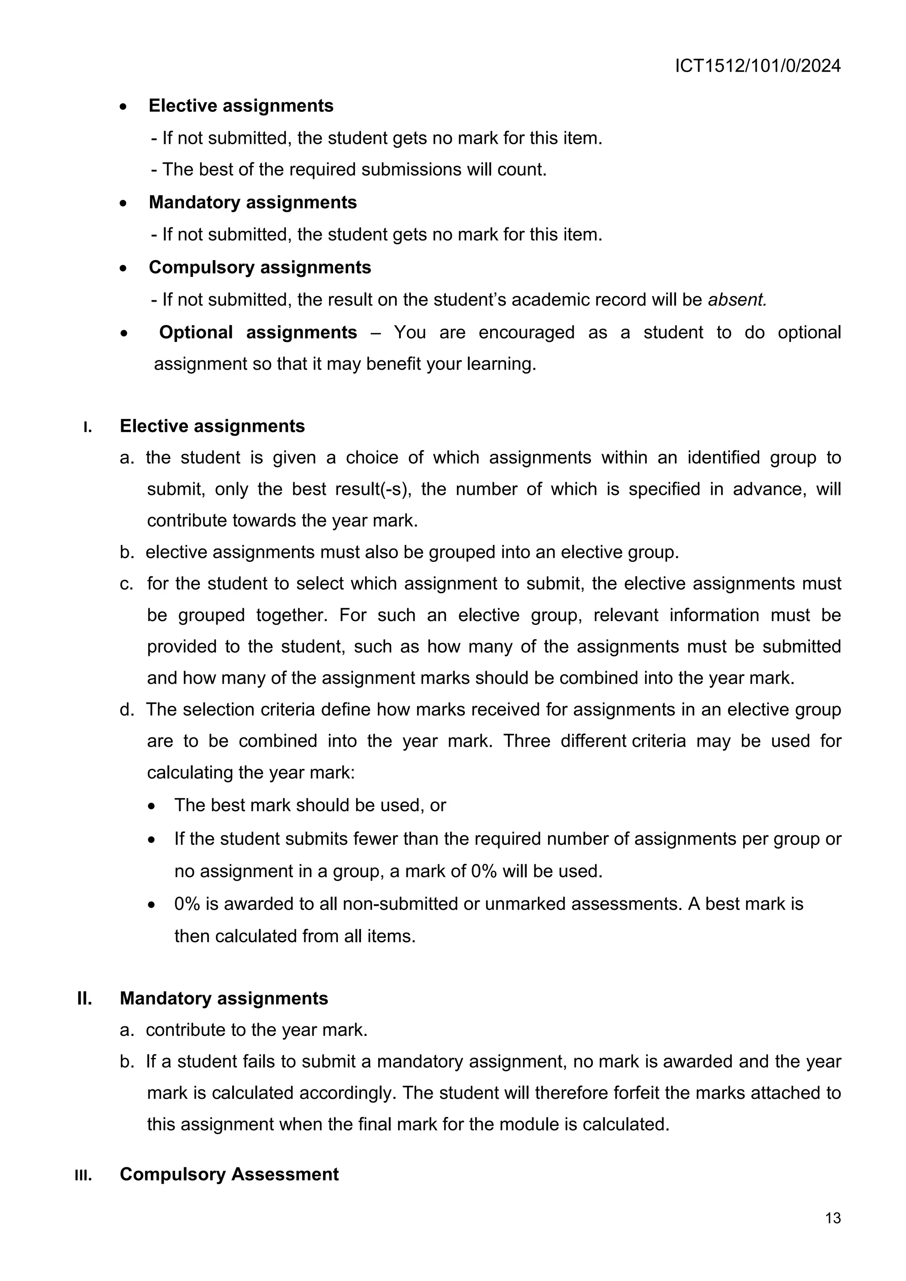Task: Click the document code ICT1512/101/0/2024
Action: pos(758,66)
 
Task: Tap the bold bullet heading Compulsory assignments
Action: pos(259,267)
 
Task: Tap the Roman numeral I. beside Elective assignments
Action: pos(87,427)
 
